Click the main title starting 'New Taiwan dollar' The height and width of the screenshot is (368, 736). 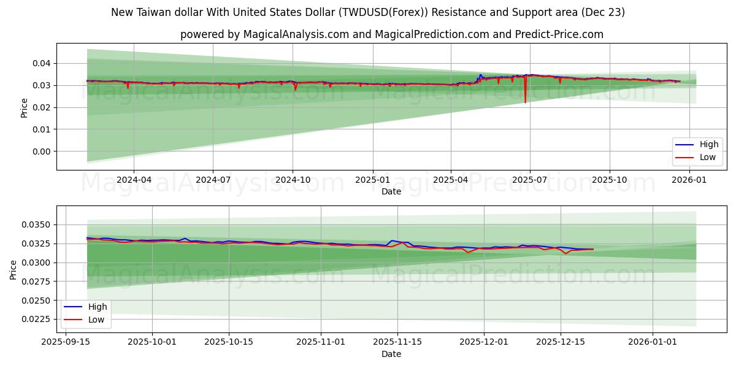click(x=368, y=12)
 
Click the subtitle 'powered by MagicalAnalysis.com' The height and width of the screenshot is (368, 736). click(x=391, y=34)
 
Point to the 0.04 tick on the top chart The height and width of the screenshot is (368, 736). click(x=41, y=63)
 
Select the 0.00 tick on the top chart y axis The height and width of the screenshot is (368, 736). click(x=41, y=151)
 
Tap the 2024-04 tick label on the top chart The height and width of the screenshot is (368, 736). click(x=134, y=180)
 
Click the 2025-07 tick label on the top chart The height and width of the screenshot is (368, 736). click(x=529, y=180)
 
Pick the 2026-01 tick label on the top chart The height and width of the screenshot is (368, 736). click(x=689, y=180)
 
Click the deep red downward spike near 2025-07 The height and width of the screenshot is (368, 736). click(x=526, y=98)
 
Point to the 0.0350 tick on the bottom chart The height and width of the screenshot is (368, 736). click(x=37, y=225)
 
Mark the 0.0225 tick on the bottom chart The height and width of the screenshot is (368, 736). click(x=37, y=319)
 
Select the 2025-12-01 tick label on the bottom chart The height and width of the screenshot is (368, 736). click(x=484, y=342)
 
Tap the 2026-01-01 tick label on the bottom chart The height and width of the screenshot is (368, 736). click(x=653, y=342)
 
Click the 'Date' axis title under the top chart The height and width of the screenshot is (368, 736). click(x=391, y=191)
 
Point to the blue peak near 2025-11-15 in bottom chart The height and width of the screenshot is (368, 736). click(x=391, y=240)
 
